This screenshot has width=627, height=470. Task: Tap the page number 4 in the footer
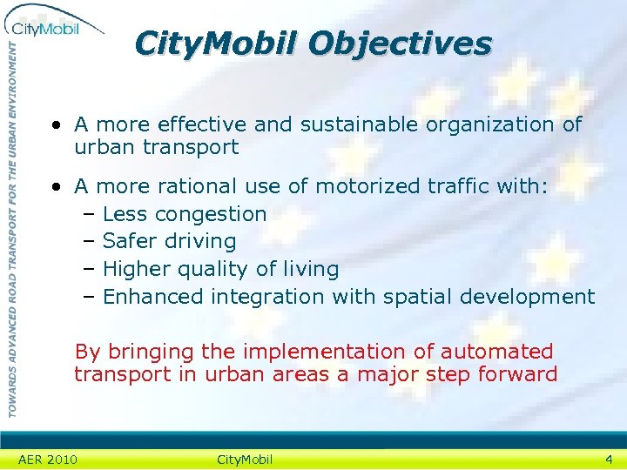point(609,459)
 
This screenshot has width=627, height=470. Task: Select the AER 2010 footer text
point(48,460)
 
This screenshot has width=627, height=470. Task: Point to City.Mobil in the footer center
point(245,460)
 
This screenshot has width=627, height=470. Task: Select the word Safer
point(128,241)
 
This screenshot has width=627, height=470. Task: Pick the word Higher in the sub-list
point(135,269)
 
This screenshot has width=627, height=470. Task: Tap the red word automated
point(496,352)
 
